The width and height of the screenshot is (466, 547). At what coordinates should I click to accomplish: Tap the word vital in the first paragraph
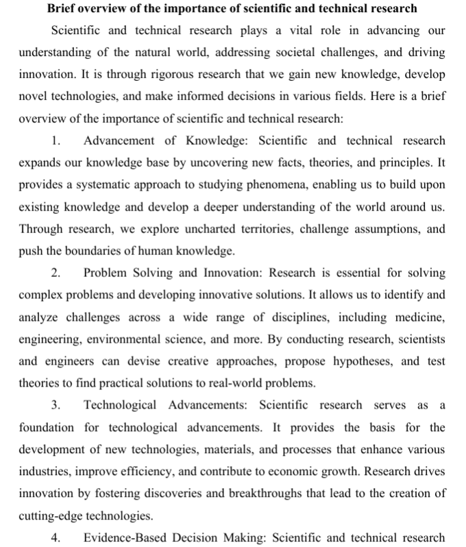[x=297, y=31]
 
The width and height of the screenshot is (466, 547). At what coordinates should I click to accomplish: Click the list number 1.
[x=56, y=141]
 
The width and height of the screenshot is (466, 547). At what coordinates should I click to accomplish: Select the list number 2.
[x=56, y=273]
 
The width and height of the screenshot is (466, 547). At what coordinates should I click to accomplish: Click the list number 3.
[x=56, y=405]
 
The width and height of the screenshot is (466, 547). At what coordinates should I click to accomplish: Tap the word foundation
[x=47, y=427]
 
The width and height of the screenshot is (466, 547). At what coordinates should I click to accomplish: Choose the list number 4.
[x=56, y=537]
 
